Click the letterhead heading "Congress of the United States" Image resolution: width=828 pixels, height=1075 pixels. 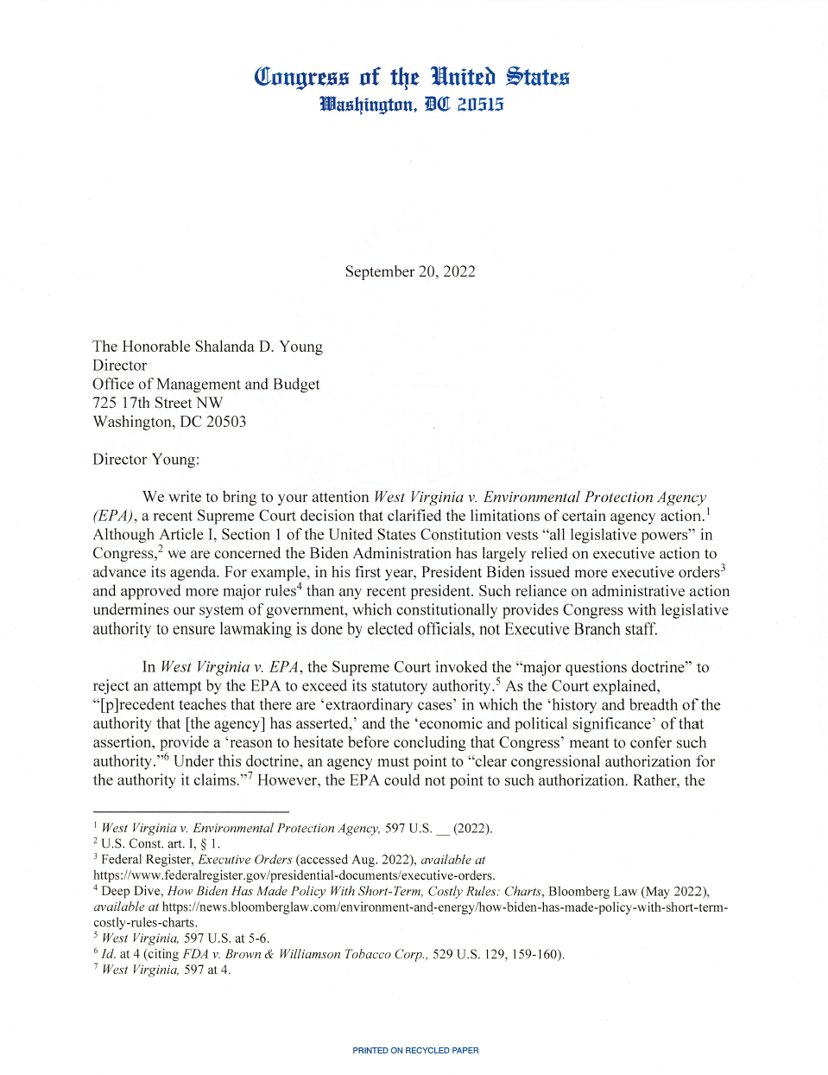[411, 78]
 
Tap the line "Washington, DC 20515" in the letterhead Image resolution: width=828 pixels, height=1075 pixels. [411, 105]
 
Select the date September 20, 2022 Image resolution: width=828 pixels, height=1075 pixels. [410, 271]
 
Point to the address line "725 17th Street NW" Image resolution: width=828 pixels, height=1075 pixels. [157, 403]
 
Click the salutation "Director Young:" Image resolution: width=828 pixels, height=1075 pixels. [146, 459]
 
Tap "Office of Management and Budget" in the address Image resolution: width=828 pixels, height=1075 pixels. [205, 384]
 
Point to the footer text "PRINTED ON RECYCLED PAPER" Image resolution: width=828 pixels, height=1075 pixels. [415, 1051]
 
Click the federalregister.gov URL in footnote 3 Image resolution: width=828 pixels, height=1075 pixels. [294, 875]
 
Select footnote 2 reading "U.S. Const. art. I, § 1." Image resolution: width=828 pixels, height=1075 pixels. [160, 843]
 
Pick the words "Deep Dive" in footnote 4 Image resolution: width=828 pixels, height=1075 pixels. [131, 891]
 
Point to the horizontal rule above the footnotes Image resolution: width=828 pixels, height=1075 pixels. [191, 811]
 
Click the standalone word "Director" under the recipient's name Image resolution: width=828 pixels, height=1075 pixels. [119, 366]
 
